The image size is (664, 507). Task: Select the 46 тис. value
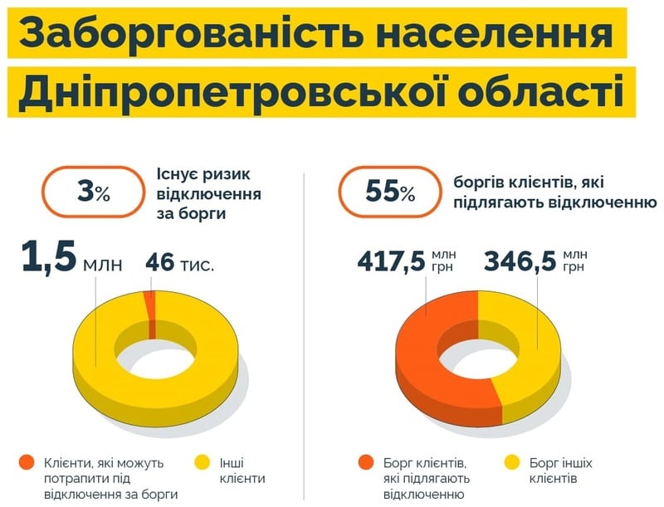click(x=179, y=264)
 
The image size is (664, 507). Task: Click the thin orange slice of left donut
click(x=149, y=307)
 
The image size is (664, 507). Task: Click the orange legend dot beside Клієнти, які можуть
click(x=27, y=462)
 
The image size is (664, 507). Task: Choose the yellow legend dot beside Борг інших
click(x=512, y=462)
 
